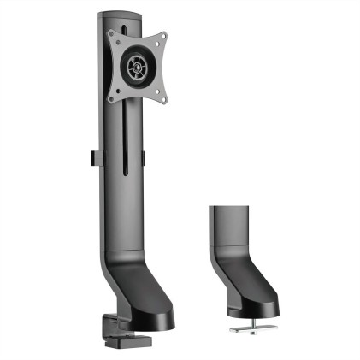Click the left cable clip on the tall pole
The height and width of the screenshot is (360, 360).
coord(91,160)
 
